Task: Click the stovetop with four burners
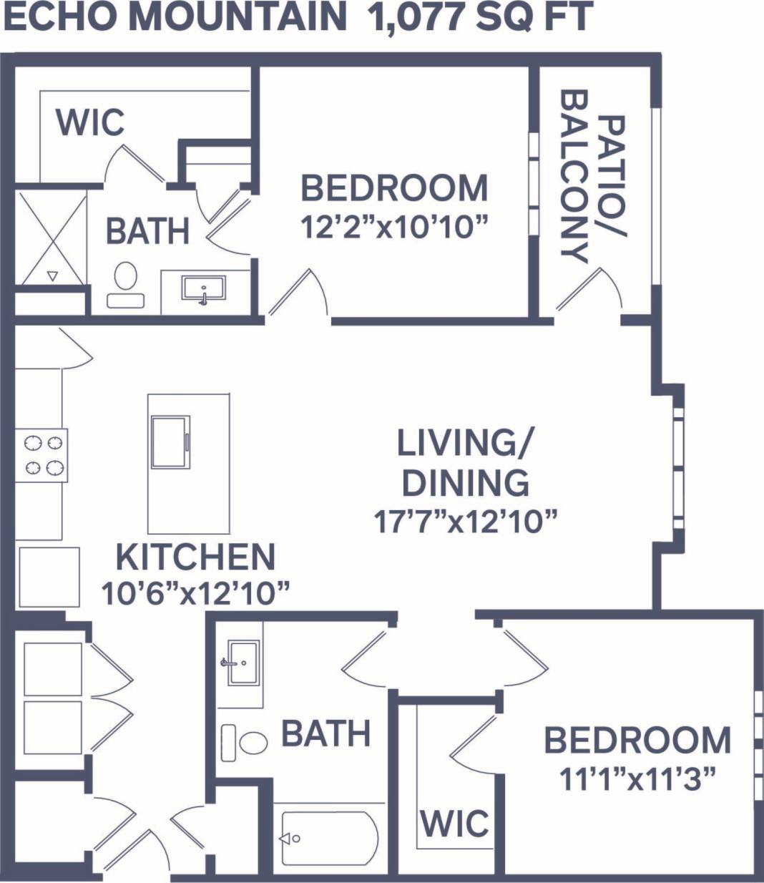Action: click(42, 455)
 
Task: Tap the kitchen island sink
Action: click(170, 441)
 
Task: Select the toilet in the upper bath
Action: click(126, 284)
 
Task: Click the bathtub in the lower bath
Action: click(328, 838)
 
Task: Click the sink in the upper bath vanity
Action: click(204, 289)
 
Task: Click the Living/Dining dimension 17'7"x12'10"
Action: click(465, 521)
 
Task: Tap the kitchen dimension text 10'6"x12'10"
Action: click(196, 594)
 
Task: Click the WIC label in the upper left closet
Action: click(90, 122)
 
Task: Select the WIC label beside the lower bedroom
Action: click(455, 823)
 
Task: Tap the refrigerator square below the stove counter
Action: click(49, 577)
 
